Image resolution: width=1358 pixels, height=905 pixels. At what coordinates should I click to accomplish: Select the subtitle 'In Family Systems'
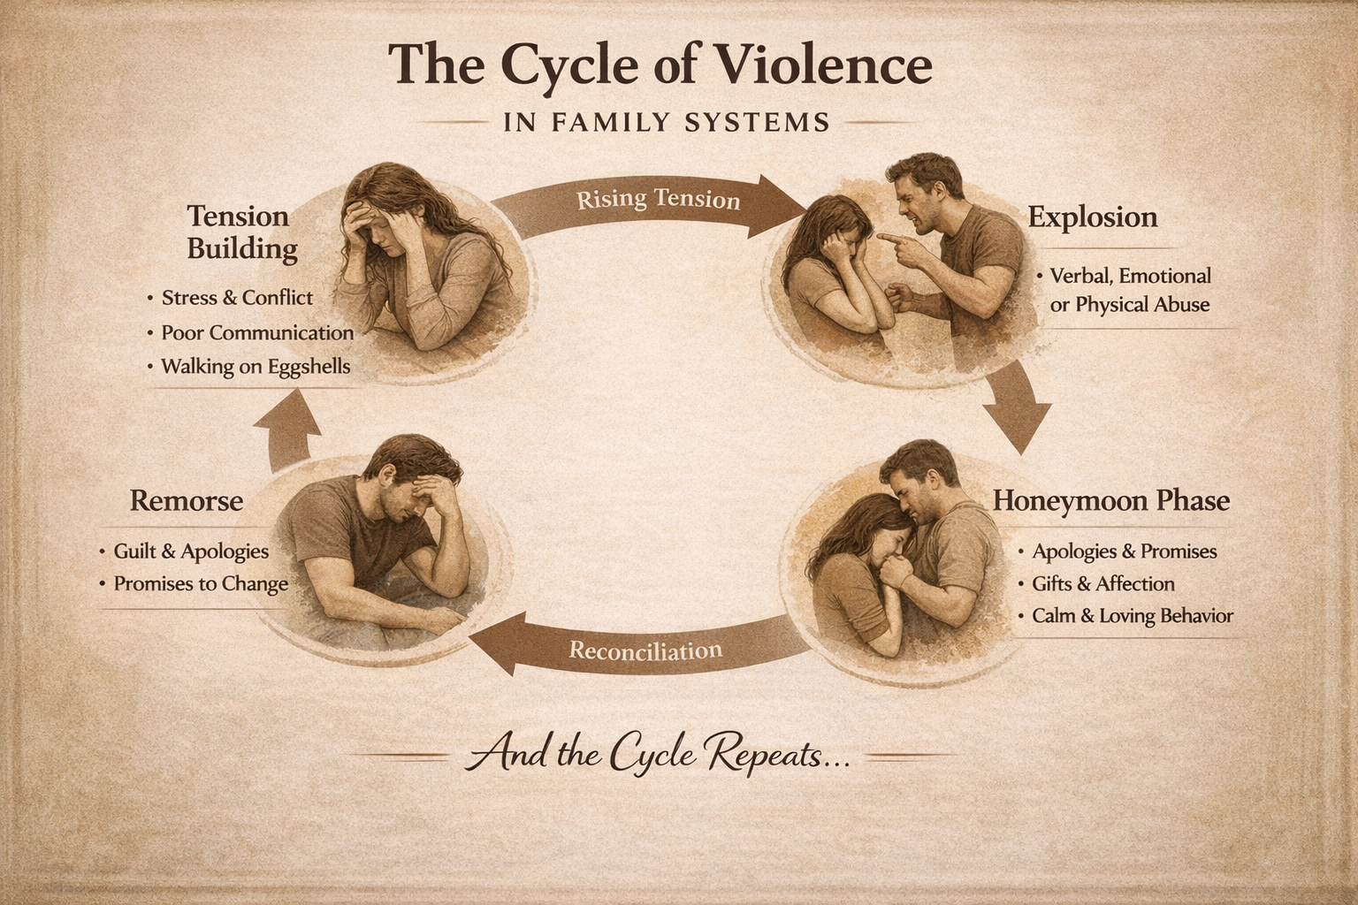coord(667,121)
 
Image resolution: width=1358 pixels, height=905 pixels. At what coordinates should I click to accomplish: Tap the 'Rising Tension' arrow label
coord(658,200)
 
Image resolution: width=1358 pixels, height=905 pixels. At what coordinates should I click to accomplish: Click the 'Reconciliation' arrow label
coord(645,651)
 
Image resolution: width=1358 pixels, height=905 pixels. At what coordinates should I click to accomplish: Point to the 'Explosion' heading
coord(1093,217)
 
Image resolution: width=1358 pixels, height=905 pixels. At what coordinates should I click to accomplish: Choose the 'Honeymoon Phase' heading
coord(1111,501)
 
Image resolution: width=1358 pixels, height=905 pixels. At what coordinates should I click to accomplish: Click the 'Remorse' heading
coord(187,501)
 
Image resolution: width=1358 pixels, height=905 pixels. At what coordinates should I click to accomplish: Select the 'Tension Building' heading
coord(240,232)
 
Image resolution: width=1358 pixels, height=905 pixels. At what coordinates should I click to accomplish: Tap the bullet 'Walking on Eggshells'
coord(256,366)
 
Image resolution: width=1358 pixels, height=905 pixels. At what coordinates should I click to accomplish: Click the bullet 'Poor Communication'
coord(257,333)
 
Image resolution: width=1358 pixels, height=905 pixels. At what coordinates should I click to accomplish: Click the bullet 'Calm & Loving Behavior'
coord(1132,616)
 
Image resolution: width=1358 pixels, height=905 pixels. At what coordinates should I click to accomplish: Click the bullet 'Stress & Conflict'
coord(237,298)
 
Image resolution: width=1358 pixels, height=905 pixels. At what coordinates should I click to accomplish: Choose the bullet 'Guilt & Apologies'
coord(191,551)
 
